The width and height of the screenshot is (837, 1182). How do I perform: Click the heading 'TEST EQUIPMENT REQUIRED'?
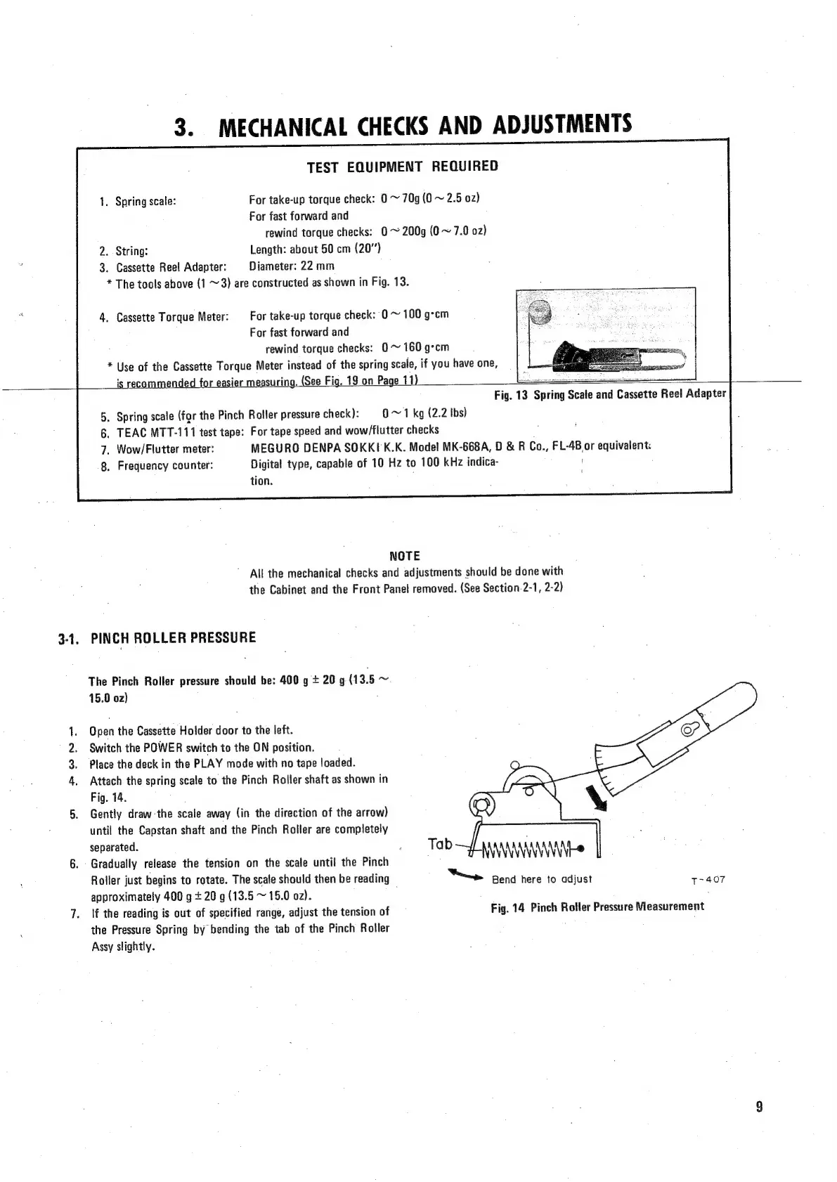[x=402, y=167]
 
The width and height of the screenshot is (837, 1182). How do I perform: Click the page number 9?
[x=759, y=1107]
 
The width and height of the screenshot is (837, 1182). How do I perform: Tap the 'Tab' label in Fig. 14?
[x=440, y=843]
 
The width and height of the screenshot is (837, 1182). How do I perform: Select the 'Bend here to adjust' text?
[x=542, y=879]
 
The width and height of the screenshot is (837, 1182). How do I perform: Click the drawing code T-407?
[x=708, y=880]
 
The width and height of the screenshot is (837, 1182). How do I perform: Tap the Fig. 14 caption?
[x=597, y=907]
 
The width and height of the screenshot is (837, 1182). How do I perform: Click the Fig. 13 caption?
[x=609, y=394]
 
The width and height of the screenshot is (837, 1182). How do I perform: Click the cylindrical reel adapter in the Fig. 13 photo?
[x=542, y=311]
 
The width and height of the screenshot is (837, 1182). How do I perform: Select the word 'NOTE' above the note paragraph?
[x=404, y=556]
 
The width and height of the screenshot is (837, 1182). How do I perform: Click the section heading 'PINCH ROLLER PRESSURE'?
[x=174, y=638]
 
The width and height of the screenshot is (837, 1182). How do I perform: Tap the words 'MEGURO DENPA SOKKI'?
[x=316, y=448]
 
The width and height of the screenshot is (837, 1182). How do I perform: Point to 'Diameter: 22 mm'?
[x=292, y=266]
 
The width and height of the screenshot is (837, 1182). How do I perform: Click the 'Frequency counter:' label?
[x=165, y=466]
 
